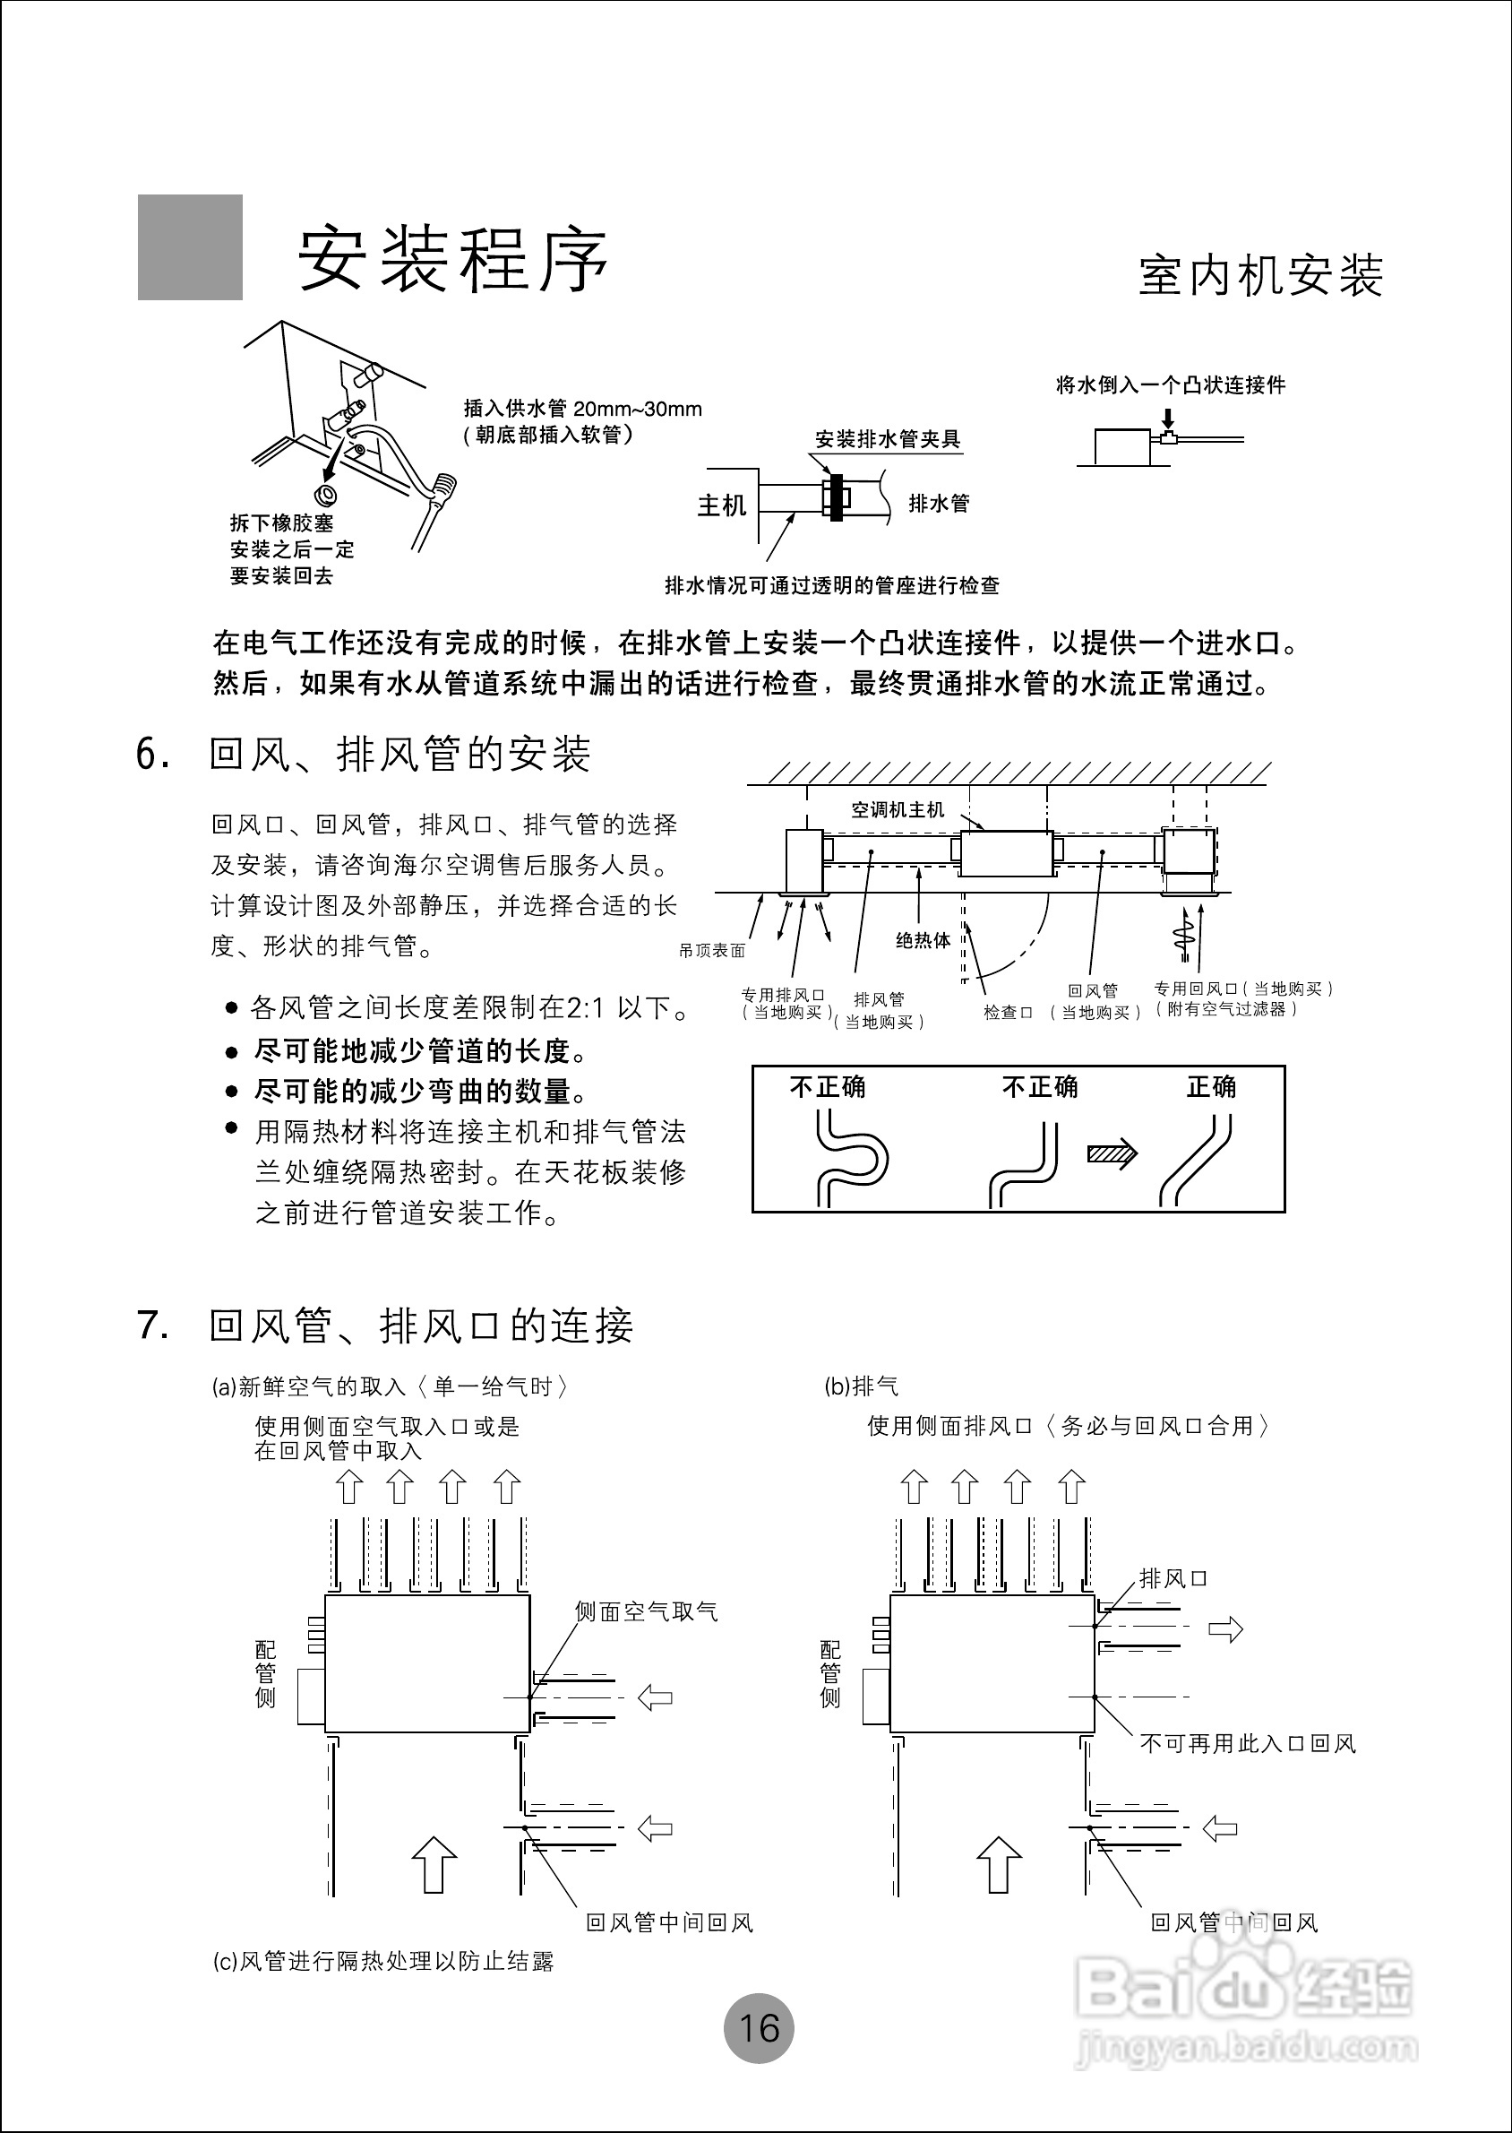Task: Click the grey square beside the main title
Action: pos(190,246)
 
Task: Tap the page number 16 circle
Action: pos(759,2028)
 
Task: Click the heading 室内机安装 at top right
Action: pos(1259,276)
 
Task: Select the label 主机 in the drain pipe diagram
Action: pos(722,505)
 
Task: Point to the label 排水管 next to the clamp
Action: pos(939,504)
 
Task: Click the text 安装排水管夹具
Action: pos(888,439)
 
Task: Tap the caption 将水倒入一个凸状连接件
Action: pos(1171,384)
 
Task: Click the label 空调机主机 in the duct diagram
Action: pos(898,809)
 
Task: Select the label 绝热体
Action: pos(923,941)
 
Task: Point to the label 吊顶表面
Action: pos(712,951)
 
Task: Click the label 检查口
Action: pos(1008,1013)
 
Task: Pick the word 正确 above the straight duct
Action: pos(1210,1087)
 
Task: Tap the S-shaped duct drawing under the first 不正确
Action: pos(849,1161)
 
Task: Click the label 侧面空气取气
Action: pos(646,1612)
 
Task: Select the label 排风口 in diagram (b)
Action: pos(1173,1579)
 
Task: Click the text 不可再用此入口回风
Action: pos(1248,1744)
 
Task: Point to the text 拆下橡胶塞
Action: pos(281,523)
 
